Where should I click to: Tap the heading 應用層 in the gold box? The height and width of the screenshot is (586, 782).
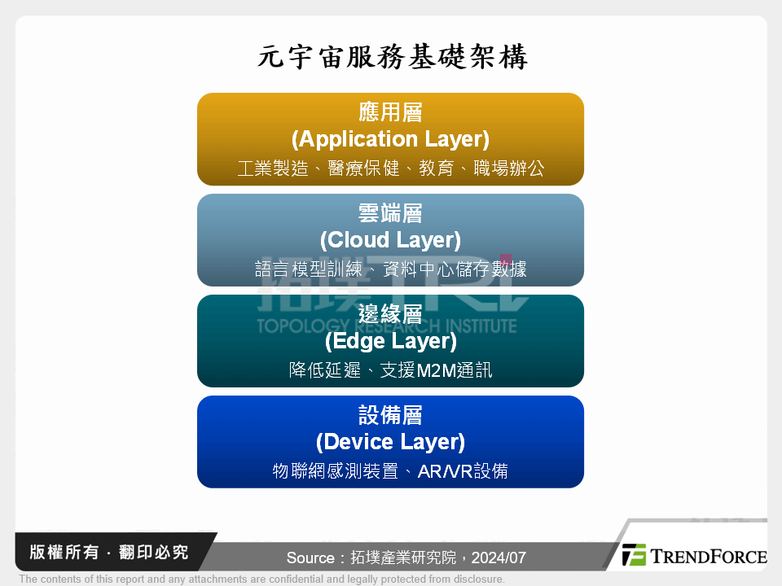click(x=390, y=112)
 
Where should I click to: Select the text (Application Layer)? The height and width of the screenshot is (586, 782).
click(x=390, y=139)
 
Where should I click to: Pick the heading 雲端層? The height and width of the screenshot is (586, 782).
click(x=390, y=213)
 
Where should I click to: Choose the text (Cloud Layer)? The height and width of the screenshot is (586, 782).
click(x=390, y=240)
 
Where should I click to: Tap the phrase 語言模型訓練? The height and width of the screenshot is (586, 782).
click(x=308, y=269)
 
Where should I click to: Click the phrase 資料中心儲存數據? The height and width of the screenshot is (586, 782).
click(x=455, y=269)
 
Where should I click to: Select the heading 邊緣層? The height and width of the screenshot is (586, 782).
click(x=390, y=314)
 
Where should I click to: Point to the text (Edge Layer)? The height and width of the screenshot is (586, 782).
click(x=390, y=341)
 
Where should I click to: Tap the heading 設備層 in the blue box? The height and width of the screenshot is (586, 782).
click(x=390, y=415)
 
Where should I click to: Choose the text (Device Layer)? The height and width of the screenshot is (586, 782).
click(x=390, y=442)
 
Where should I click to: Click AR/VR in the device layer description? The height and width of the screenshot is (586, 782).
click(x=445, y=471)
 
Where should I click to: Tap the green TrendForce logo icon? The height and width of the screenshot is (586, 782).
click(x=634, y=555)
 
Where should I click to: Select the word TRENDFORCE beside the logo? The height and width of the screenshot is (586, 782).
click(x=708, y=557)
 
